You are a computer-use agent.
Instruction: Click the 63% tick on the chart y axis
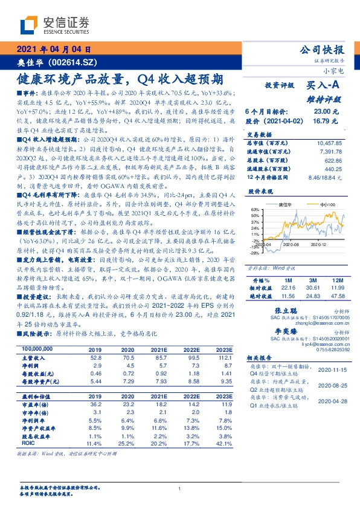point(255,209)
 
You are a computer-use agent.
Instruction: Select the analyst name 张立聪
point(281,309)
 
